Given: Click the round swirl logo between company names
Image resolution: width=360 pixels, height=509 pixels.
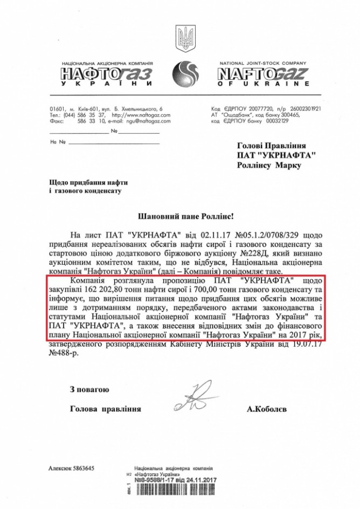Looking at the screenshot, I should pyautogui.click(x=186, y=72).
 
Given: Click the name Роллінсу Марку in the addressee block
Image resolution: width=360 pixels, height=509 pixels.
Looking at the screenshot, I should pyautogui.click(x=269, y=166).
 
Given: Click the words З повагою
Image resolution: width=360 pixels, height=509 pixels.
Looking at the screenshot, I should pyautogui.click(x=89, y=389).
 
